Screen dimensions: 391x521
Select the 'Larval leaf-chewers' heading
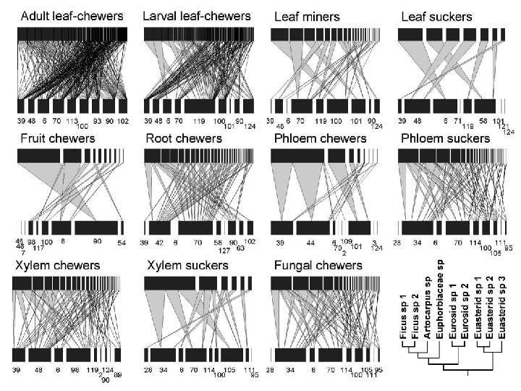(x=197, y=15)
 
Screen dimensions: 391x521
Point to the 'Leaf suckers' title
(x=437, y=16)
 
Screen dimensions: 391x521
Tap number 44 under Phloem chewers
(x=310, y=243)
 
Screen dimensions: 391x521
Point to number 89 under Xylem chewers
(x=118, y=374)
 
